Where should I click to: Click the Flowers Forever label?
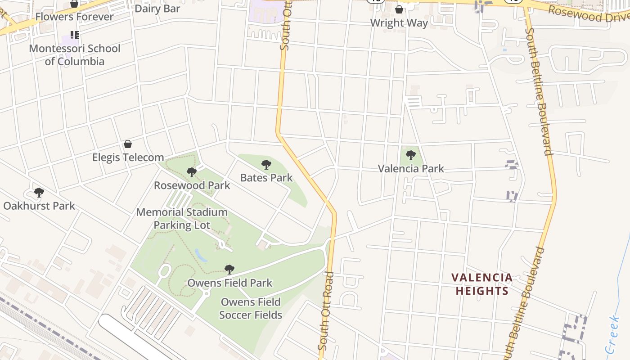pos(74,17)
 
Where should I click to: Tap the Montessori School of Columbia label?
pos(74,55)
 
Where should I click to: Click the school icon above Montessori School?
pos(75,35)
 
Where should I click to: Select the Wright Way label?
pos(399,23)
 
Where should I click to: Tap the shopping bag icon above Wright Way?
pos(399,9)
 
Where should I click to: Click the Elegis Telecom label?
pos(128,157)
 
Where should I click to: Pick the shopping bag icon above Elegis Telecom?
pos(128,144)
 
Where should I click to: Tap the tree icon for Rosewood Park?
pos(192,172)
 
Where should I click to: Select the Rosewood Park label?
pos(192,185)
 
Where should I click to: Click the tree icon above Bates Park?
pos(266,164)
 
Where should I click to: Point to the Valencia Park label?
pos(411,169)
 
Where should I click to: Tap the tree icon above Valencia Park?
pos(410,155)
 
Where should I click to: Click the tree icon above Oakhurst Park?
pos(39,193)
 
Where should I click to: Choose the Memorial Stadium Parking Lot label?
pos(182,219)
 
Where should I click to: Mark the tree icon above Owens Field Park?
pos(229,270)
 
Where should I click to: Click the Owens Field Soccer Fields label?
pos(251,308)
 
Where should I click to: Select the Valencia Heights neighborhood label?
pos(482,284)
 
